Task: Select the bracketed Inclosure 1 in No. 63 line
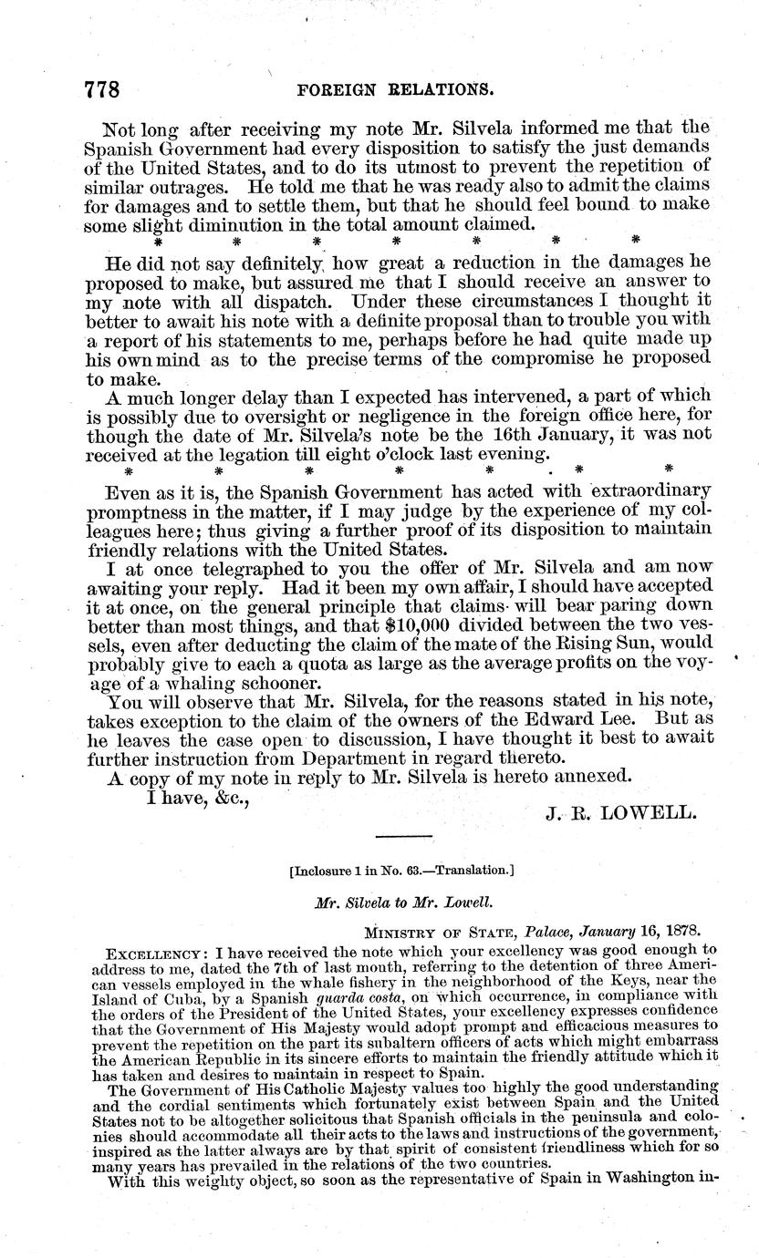pos(401,871)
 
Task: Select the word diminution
pos(264,224)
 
